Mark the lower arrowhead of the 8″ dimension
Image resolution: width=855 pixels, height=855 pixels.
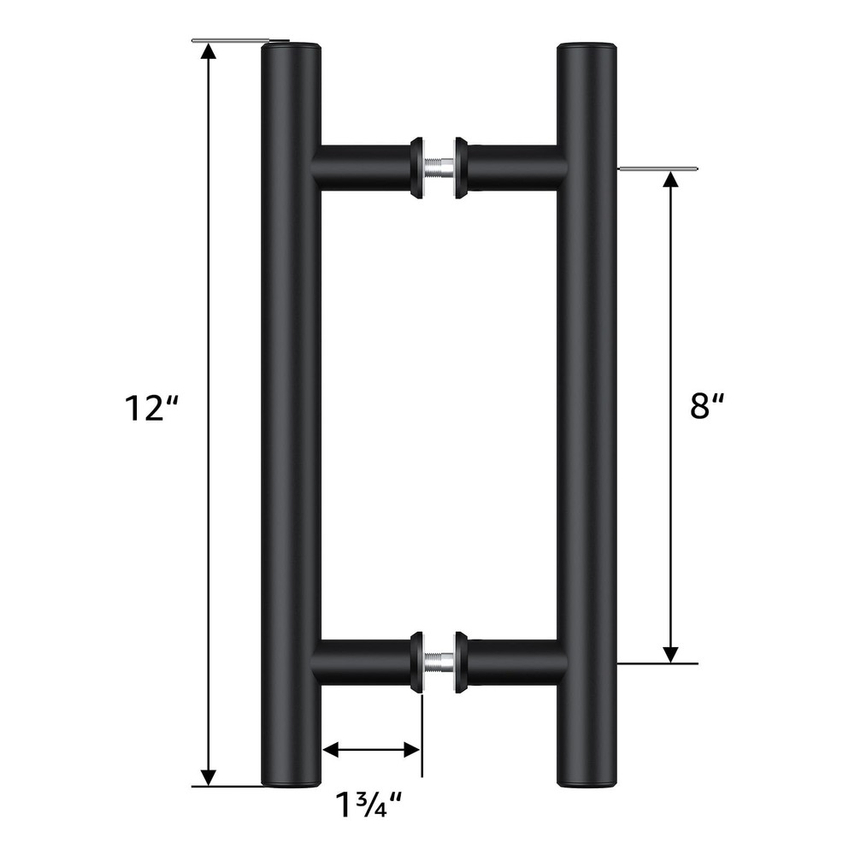tap(672, 652)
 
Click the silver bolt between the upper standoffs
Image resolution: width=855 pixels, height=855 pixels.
tap(439, 166)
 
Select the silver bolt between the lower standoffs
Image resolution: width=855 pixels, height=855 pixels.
tap(439, 663)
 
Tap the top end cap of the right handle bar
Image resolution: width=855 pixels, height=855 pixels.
tap(587, 45)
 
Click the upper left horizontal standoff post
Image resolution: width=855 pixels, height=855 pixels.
tap(363, 167)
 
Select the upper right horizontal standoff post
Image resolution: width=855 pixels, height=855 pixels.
tap(513, 167)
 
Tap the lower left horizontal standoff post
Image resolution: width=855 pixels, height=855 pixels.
tap(363, 663)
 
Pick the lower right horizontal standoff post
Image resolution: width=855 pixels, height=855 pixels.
tap(513, 663)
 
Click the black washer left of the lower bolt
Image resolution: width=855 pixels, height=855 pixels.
tap(418, 663)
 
